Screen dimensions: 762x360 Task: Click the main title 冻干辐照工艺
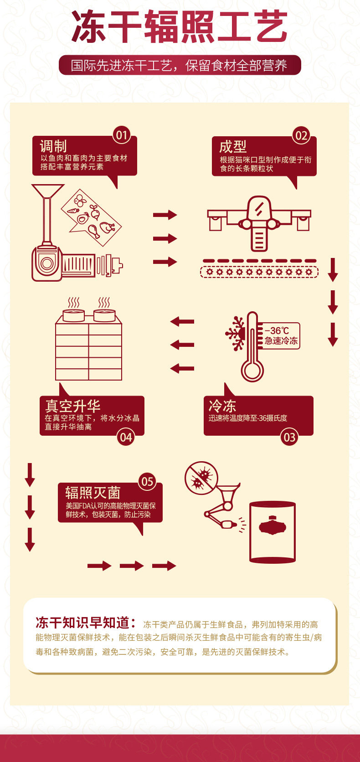(x=180, y=27)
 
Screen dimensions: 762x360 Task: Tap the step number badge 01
(x=121, y=135)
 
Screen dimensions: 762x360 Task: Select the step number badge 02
(x=301, y=135)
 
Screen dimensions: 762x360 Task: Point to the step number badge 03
(x=289, y=438)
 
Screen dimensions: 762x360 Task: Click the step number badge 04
(x=125, y=438)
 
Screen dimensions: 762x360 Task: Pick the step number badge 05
(x=147, y=482)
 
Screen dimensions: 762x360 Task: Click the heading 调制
(x=53, y=146)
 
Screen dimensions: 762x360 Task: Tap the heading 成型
(x=233, y=147)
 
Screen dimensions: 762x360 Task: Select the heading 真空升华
(x=72, y=406)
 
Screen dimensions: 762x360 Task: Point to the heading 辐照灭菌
(x=93, y=493)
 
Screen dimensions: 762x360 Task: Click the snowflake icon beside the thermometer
(x=236, y=334)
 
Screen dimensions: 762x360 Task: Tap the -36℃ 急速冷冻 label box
(x=281, y=336)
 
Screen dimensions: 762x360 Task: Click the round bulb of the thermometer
(x=252, y=370)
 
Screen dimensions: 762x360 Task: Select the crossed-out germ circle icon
(x=201, y=478)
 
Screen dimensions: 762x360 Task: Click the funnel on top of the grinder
(x=47, y=191)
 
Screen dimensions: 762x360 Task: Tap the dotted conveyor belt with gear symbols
(x=259, y=272)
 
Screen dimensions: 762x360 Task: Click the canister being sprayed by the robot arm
(x=273, y=532)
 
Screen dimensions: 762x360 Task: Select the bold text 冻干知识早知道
(x=86, y=623)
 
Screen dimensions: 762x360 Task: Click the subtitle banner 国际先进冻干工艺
(x=180, y=65)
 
